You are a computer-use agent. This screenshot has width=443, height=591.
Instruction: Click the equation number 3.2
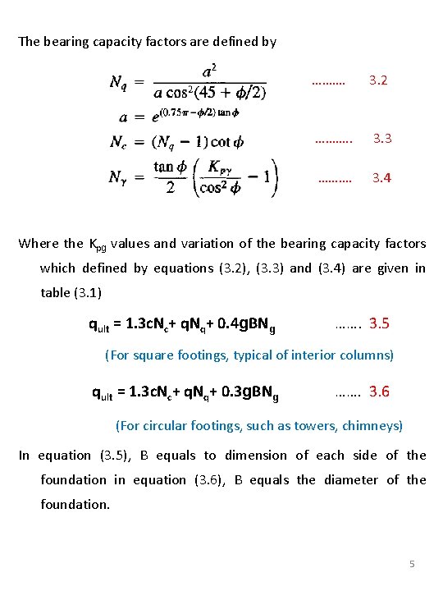(x=377, y=80)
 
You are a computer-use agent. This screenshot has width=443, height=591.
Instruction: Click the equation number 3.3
(x=382, y=138)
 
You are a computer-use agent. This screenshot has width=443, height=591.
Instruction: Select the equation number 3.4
(x=381, y=177)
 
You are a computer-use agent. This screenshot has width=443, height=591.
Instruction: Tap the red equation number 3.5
(x=379, y=323)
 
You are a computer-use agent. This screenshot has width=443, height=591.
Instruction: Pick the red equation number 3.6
(x=379, y=392)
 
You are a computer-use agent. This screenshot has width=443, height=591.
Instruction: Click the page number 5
(x=413, y=564)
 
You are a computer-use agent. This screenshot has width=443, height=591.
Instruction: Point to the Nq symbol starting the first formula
(x=121, y=82)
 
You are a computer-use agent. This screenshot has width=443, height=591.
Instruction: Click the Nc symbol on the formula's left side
(x=120, y=142)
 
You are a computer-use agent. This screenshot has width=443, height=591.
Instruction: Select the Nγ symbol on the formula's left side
(x=121, y=177)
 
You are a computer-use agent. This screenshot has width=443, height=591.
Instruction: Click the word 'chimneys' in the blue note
(x=377, y=425)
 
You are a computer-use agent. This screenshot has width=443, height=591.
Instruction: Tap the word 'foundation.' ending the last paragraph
(x=75, y=504)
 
